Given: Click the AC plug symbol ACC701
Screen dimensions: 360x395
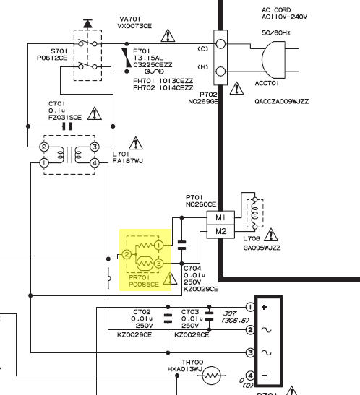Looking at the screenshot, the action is click(x=274, y=60).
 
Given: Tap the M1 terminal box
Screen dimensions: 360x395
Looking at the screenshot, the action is click(x=220, y=217).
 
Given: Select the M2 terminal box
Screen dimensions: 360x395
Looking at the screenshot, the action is click(x=220, y=231).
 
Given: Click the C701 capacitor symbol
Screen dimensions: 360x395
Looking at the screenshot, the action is click(x=67, y=126).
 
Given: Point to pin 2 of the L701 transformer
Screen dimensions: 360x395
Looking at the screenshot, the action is click(x=44, y=147).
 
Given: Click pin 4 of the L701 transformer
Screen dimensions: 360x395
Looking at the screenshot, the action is click(x=95, y=163).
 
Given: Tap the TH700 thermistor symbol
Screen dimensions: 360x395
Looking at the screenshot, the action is click(x=212, y=376).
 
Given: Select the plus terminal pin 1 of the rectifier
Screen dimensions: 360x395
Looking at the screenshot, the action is click(x=250, y=307).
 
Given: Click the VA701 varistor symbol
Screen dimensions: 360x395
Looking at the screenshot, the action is click(x=127, y=58).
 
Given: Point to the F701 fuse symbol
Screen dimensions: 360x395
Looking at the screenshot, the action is click(x=154, y=71).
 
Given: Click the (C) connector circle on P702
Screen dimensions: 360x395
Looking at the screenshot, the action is click(x=220, y=44).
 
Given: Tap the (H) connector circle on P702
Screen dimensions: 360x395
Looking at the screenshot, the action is click(x=220, y=71).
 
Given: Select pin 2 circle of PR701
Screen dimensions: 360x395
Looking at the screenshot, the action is click(x=127, y=254).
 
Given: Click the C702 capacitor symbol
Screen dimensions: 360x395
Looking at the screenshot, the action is click(x=168, y=318).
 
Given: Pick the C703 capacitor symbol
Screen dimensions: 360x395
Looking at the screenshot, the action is click(x=209, y=316).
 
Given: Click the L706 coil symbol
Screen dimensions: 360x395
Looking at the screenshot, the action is click(x=255, y=213).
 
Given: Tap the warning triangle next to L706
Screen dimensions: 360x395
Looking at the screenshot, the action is click(x=271, y=235).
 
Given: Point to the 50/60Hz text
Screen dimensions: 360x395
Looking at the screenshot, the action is click(x=276, y=32).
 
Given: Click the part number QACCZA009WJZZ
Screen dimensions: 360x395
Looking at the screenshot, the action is click(x=282, y=101).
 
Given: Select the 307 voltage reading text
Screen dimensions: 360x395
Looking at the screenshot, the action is click(x=230, y=313).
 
